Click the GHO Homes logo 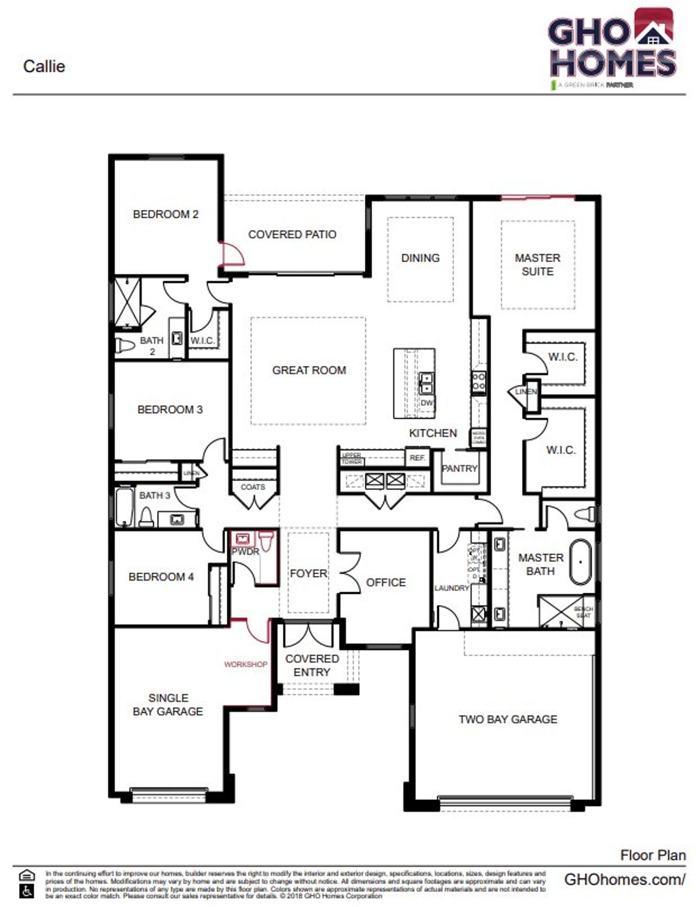click(x=613, y=48)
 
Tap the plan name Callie click(x=44, y=66)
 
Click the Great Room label click(x=309, y=370)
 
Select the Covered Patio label click(x=292, y=234)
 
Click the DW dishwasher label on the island click(x=427, y=403)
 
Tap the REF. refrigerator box click(x=418, y=458)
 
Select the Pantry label click(x=459, y=468)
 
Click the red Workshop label click(x=246, y=664)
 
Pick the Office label click(x=386, y=582)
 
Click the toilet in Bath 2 click(x=125, y=346)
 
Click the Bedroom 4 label click(x=161, y=577)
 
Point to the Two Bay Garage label click(x=507, y=719)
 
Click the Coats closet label click(x=253, y=487)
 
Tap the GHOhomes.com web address click(x=624, y=879)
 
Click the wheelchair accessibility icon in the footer click(x=27, y=891)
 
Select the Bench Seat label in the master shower click(x=583, y=612)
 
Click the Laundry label click(x=451, y=588)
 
